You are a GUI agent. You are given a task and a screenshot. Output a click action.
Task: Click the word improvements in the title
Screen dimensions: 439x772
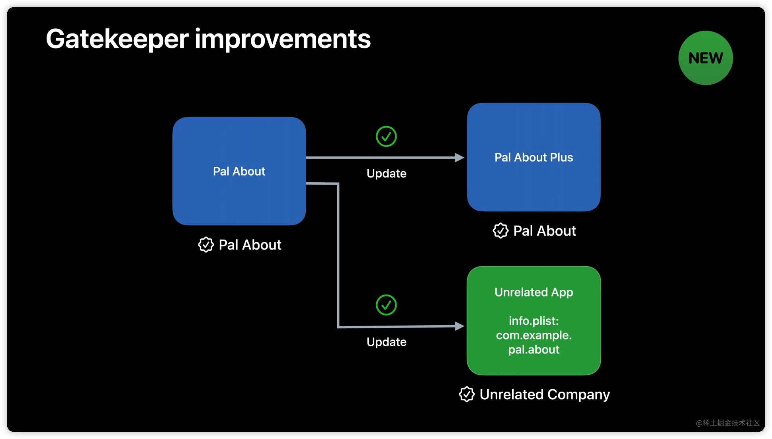pos(283,39)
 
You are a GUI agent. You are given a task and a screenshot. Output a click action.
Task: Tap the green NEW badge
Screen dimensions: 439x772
pos(706,58)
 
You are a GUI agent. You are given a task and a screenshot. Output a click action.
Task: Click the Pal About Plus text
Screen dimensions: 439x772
pos(534,158)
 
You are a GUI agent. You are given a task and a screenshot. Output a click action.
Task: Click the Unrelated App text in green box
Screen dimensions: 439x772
pos(534,292)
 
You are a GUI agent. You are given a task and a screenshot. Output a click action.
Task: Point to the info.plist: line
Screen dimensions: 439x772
pos(534,321)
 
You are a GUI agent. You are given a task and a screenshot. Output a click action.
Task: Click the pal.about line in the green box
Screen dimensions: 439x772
pos(534,349)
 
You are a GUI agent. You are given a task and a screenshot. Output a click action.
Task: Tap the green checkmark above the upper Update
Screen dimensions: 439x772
pos(386,137)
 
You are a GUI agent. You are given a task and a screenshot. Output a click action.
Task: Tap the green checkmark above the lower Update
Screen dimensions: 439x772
pos(386,305)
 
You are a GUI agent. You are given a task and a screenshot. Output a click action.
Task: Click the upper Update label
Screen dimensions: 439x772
pos(386,174)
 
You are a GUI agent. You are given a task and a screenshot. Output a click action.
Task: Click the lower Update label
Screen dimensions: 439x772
pos(386,342)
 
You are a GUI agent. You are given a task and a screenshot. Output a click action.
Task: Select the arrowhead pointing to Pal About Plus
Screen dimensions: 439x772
pos(459,158)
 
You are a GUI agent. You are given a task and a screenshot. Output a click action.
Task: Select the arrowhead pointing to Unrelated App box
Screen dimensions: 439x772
pos(459,326)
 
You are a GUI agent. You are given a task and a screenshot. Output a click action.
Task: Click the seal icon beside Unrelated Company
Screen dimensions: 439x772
pos(467,394)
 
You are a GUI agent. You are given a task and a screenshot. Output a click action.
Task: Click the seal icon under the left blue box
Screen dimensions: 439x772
pos(206,245)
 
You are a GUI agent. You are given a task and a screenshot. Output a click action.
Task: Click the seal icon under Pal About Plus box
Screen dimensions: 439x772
pos(500,231)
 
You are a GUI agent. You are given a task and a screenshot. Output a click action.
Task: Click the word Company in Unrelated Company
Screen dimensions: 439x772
pos(579,394)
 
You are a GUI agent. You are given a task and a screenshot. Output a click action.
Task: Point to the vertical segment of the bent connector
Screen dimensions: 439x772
pos(338,255)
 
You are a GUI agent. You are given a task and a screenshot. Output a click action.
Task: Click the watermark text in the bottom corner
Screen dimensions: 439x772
pos(727,423)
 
